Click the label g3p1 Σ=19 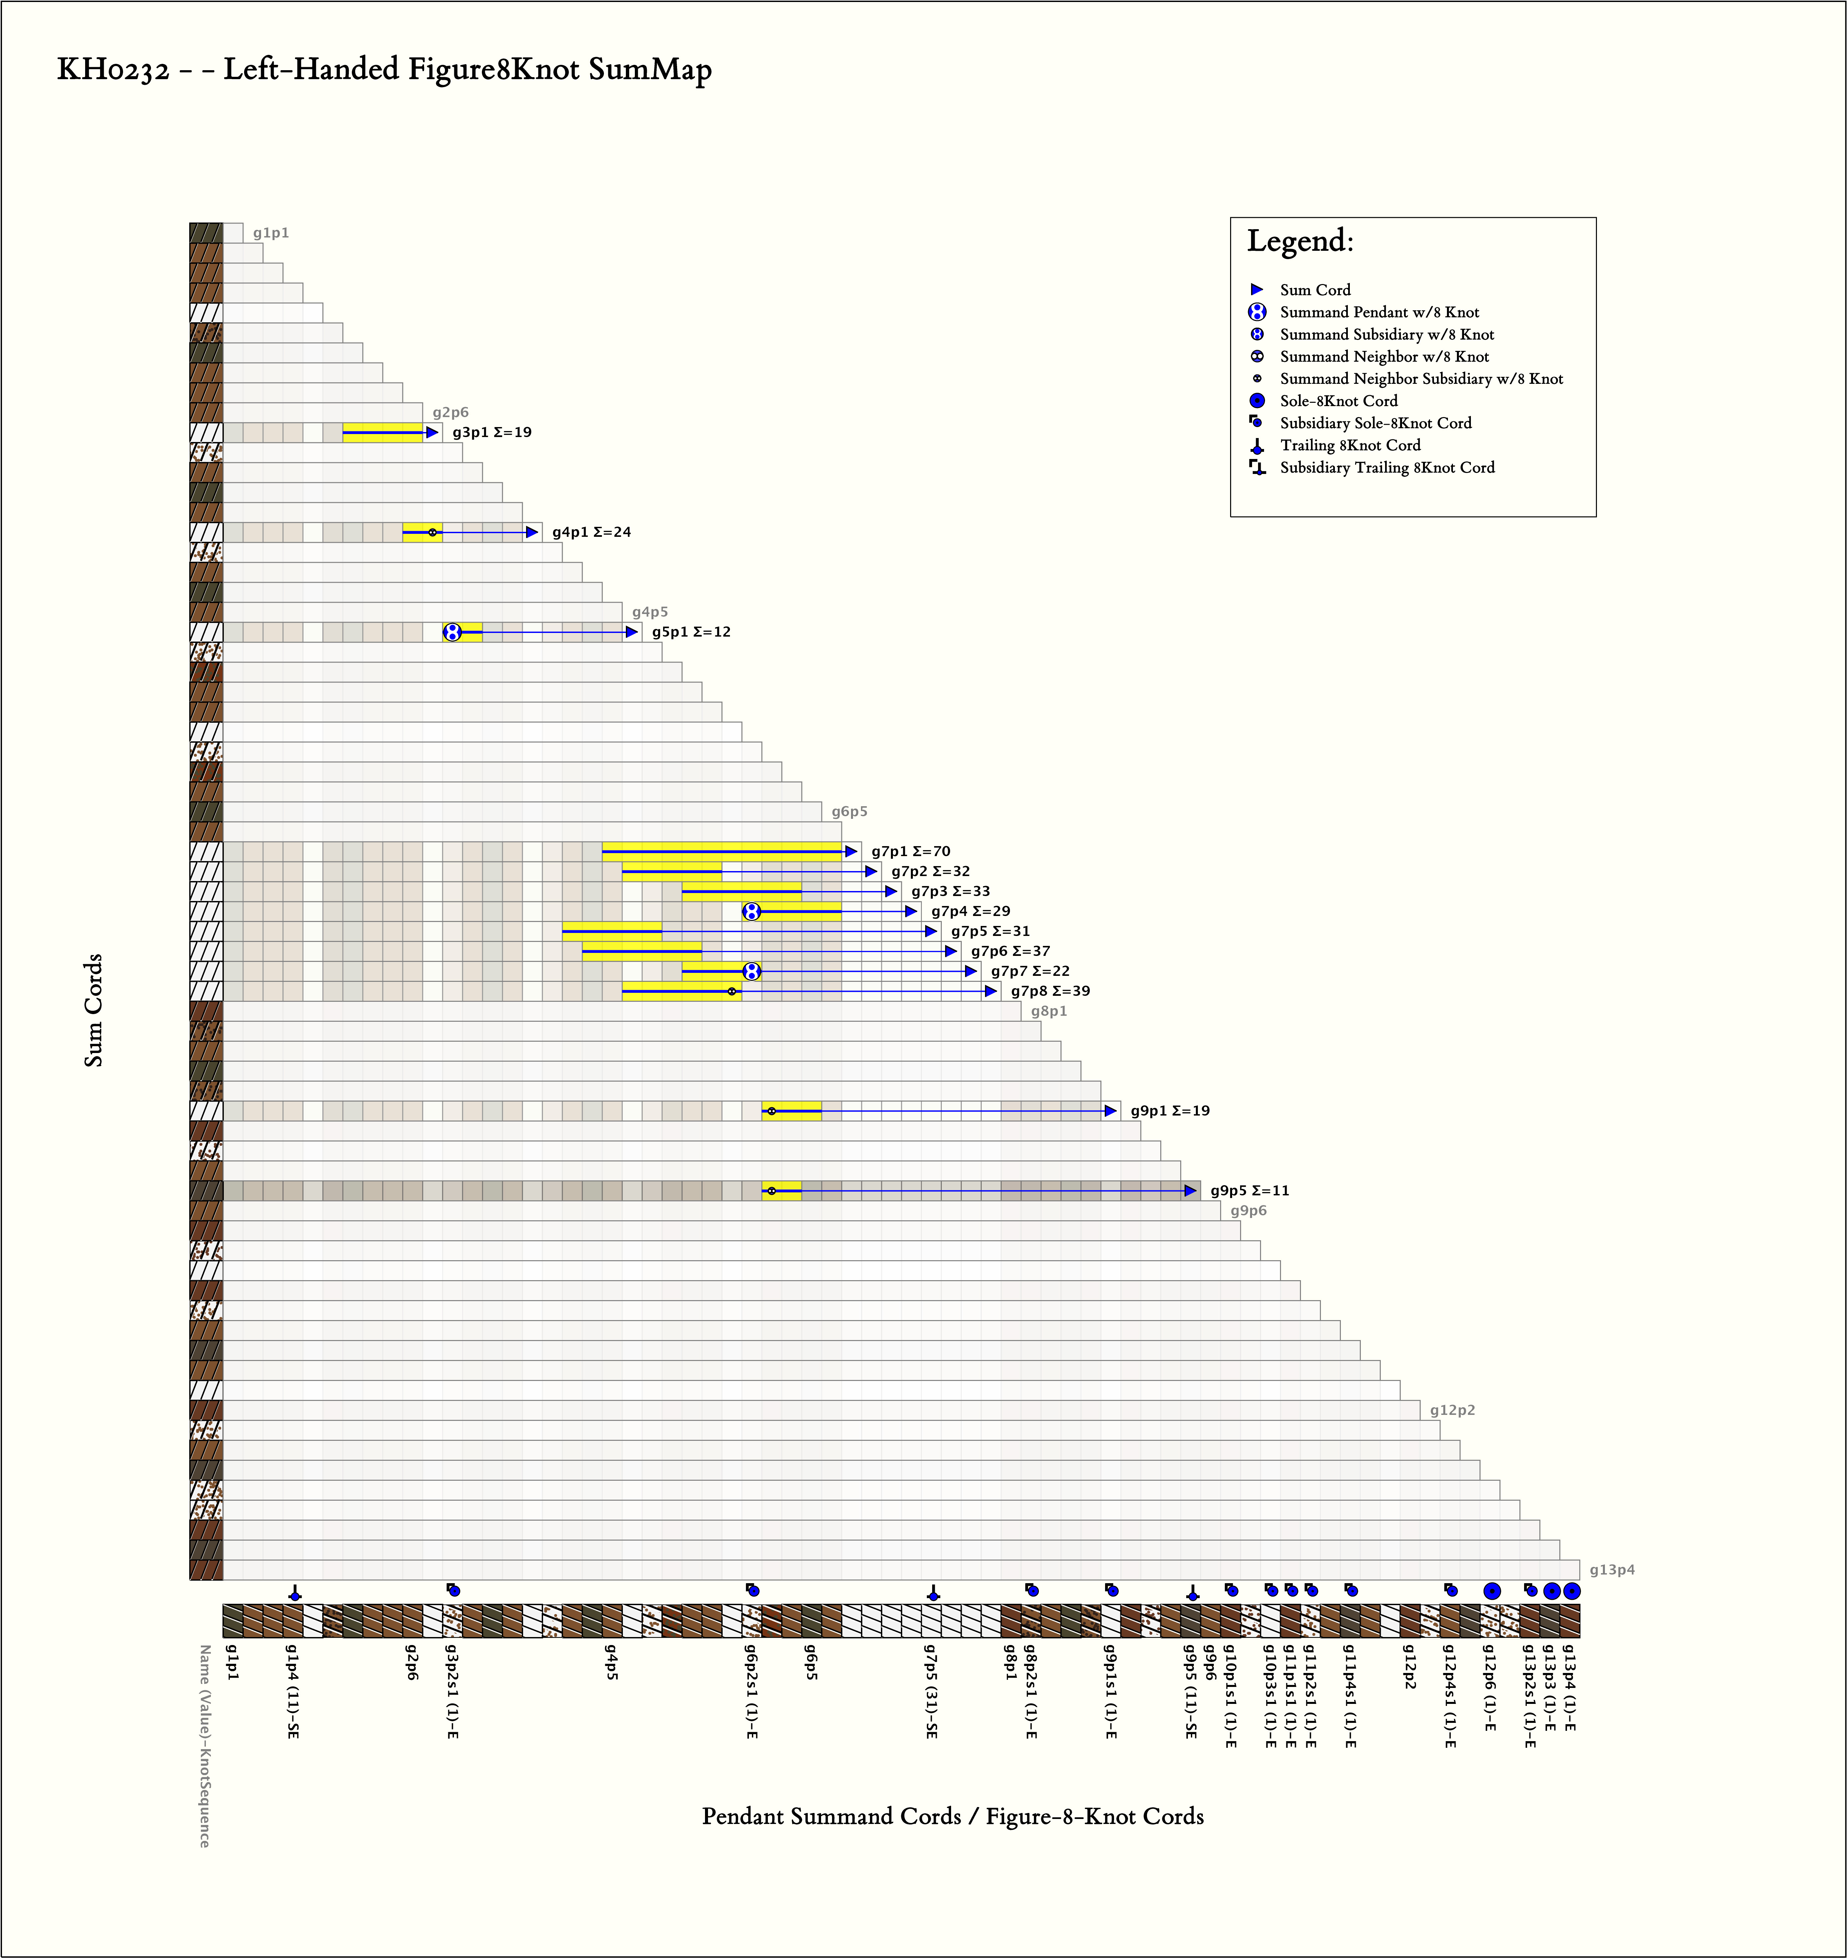[x=492, y=432]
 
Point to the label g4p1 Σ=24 [x=592, y=532]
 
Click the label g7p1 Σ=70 [x=911, y=851]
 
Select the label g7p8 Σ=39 [x=1051, y=991]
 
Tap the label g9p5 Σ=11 [x=1249, y=1191]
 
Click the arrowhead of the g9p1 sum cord [x=1111, y=1111]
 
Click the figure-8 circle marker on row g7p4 [x=751, y=911]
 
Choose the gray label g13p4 [x=1612, y=1570]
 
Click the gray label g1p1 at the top [x=271, y=233]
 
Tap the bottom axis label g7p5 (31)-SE [x=930, y=1691]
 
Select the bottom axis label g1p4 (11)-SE [x=292, y=1691]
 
